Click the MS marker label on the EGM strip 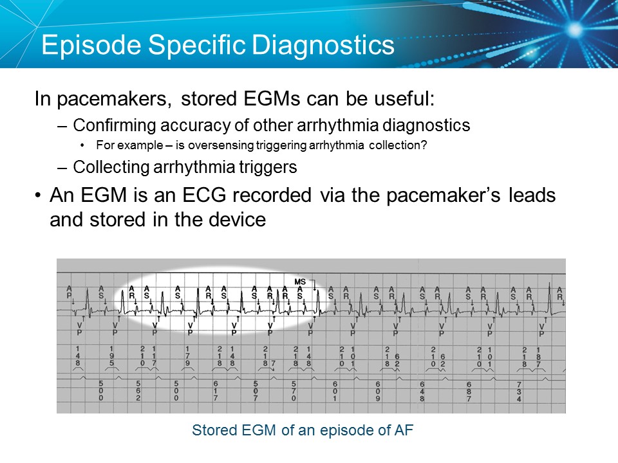coord(299,282)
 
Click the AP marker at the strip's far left coord(70,293)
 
